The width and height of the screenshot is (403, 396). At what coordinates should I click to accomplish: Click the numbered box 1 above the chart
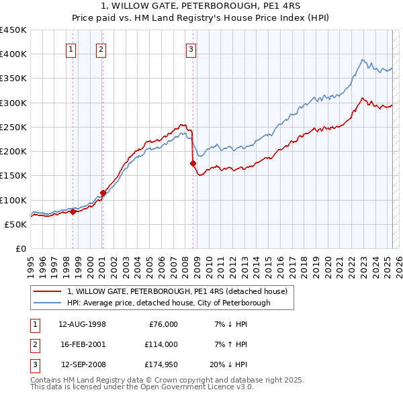[x=71, y=48]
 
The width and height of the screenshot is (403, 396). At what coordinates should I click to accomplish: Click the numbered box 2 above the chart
[x=101, y=48]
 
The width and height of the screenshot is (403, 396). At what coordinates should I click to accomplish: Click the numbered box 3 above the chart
[x=191, y=48]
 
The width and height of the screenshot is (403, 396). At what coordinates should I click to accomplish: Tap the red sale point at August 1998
[x=73, y=212]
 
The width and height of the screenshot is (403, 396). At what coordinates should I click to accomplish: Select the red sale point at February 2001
[x=103, y=193]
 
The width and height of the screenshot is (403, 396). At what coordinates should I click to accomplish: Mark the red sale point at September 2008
[x=193, y=163]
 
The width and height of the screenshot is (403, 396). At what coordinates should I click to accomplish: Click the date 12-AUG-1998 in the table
[x=82, y=324]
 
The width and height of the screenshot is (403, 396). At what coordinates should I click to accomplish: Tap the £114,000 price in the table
[x=162, y=345]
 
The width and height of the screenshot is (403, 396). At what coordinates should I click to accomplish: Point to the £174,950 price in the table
[x=162, y=366]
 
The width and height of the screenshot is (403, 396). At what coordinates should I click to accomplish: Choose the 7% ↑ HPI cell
[x=231, y=345]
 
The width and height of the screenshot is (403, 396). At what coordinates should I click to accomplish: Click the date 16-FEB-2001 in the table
[x=82, y=345]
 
